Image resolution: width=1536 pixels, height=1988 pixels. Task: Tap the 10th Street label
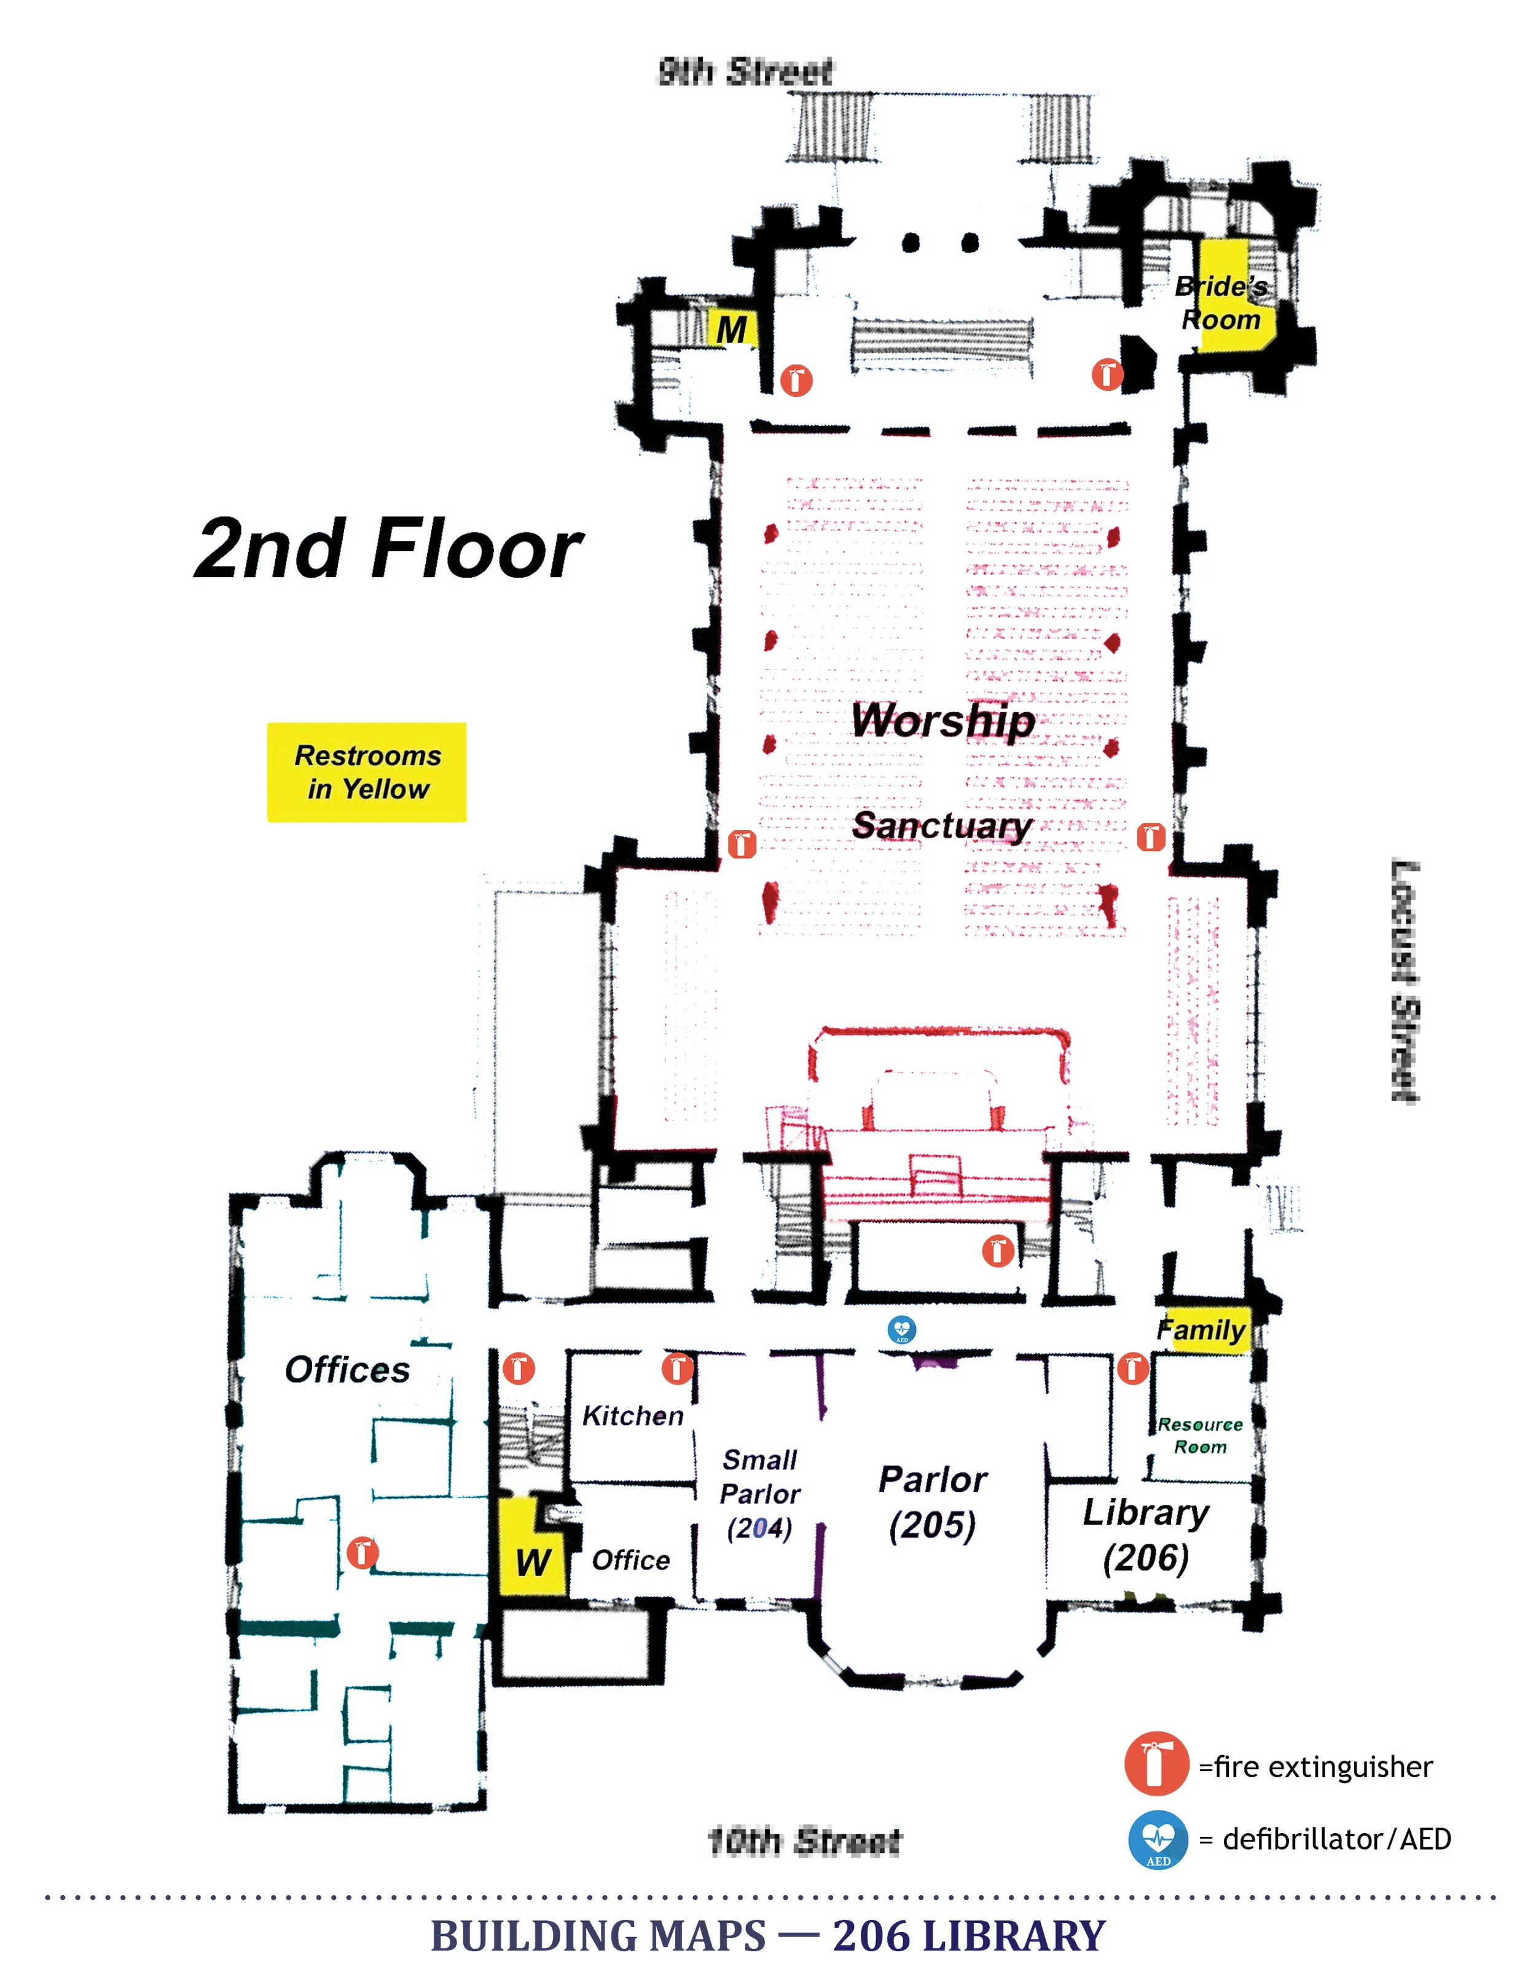[x=804, y=1841]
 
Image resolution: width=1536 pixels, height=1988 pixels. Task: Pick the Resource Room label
[x=1200, y=1436]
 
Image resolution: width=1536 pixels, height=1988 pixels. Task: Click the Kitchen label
[x=632, y=1415]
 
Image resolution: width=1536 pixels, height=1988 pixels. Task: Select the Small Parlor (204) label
[x=760, y=1494]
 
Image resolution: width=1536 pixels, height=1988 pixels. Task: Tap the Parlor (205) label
[x=933, y=1503]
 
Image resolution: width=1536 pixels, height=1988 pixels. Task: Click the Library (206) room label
[x=1146, y=1536]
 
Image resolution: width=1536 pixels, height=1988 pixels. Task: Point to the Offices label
[x=348, y=1369]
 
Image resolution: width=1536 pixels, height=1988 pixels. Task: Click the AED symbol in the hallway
[x=902, y=1330]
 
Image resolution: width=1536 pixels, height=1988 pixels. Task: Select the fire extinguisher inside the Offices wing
[x=362, y=1553]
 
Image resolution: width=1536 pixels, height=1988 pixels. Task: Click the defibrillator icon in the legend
[x=1158, y=1841]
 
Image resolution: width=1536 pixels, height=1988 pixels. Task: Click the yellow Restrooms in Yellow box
[x=367, y=772]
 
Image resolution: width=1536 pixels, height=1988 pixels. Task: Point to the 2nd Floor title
[x=388, y=549]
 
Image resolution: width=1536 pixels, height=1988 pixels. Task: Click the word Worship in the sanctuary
[x=942, y=721]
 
